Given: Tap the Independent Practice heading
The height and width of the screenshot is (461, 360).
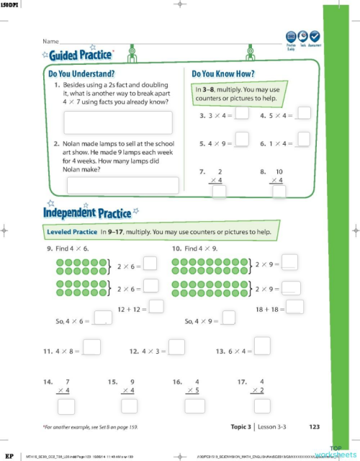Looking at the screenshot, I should point(87,212).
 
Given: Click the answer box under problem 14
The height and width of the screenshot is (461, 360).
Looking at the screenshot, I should point(66,406).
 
